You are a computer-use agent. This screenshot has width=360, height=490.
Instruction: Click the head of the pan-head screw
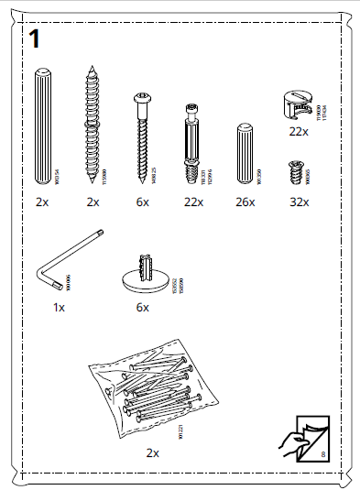coord(142,98)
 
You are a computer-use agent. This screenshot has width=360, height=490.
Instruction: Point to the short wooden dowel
coord(244,152)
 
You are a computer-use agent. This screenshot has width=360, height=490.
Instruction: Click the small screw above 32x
coord(295,171)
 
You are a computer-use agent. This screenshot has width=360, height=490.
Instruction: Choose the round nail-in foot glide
coord(142,274)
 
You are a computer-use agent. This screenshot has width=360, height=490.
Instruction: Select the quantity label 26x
coord(244,201)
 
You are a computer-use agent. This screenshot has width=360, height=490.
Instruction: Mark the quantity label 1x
coord(60,308)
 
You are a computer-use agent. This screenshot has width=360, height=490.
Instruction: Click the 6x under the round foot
coord(142,308)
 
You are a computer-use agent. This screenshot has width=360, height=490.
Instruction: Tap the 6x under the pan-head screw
coord(142,201)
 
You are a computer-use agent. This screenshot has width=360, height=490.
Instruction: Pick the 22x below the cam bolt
coord(192,201)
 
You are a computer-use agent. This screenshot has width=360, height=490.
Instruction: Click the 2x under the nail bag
coord(152,452)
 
